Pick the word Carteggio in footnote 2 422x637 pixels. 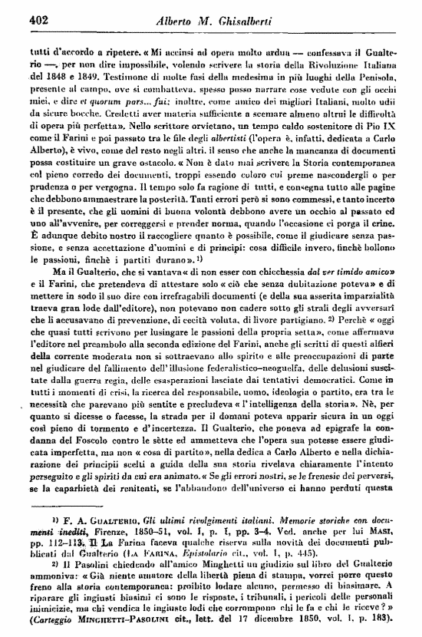click(x=54, y=617)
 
